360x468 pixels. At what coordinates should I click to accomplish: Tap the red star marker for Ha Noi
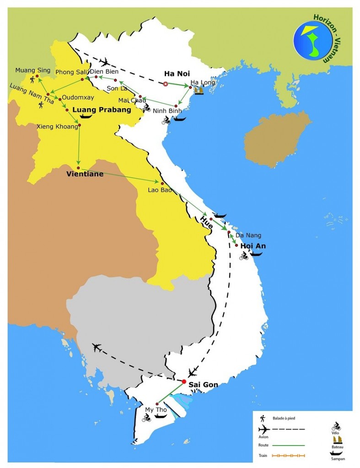coord(166,84)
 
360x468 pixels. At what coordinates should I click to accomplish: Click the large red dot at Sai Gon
coord(184,382)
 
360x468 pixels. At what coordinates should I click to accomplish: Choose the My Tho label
coord(156,409)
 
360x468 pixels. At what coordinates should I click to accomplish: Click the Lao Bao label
coord(160,190)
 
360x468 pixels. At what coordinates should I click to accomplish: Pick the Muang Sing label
coord(32,70)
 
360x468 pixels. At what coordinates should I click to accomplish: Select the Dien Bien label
coord(104,71)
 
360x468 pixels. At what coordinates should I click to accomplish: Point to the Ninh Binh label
coord(167,111)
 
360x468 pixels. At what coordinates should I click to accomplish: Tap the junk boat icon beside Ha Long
coord(199,90)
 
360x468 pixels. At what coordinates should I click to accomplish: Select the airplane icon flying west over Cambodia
coord(96,347)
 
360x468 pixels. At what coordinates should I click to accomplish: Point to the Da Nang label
coord(248,235)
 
